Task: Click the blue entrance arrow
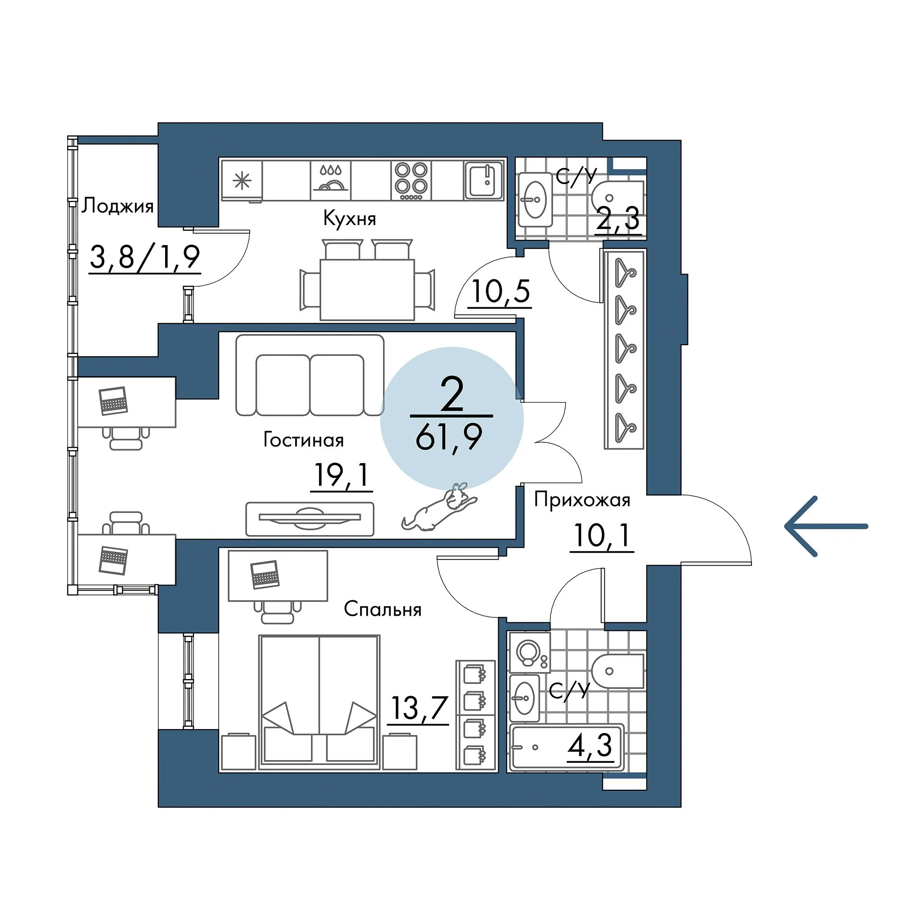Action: [825, 526]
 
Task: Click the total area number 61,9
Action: [448, 438]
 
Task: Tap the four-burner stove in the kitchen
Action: [411, 180]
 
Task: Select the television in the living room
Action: [310, 518]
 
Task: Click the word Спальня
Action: [382, 609]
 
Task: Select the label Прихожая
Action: [582, 500]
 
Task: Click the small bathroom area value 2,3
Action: [618, 219]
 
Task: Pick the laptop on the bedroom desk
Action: [265, 574]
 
